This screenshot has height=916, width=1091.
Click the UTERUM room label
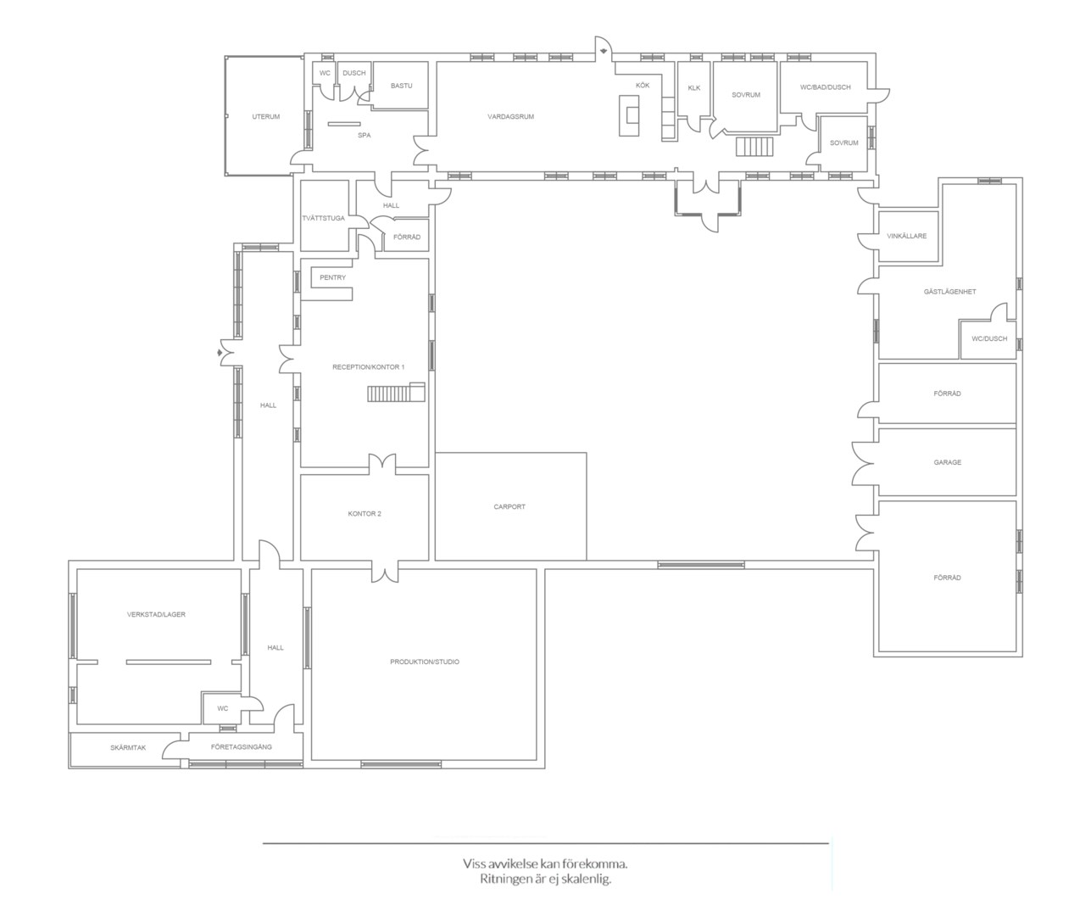click(266, 116)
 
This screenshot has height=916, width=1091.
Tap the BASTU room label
click(401, 86)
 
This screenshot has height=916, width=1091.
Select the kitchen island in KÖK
click(629, 115)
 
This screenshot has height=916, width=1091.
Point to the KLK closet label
click(694, 88)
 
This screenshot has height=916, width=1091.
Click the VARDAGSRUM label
click(510, 116)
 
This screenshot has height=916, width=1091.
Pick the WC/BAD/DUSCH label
click(825, 87)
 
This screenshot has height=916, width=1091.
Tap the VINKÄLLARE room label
click(906, 236)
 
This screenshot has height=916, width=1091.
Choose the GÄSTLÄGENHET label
click(949, 292)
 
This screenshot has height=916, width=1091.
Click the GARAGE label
click(947, 462)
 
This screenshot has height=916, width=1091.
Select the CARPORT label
click(509, 506)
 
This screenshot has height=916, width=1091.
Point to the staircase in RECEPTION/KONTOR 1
click(396, 392)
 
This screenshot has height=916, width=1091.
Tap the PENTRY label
click(333, 277)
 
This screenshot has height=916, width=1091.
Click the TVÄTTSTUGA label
click(324, 218)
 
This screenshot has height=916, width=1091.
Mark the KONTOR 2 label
click(365, 513)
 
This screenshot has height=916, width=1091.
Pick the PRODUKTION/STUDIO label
click(424, 662)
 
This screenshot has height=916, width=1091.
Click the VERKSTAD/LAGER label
click(156, 614)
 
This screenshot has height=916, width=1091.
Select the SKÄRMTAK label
click(128, 748)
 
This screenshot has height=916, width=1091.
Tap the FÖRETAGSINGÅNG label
click(242, 747)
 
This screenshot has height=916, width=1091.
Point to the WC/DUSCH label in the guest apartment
click(989, 338)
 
